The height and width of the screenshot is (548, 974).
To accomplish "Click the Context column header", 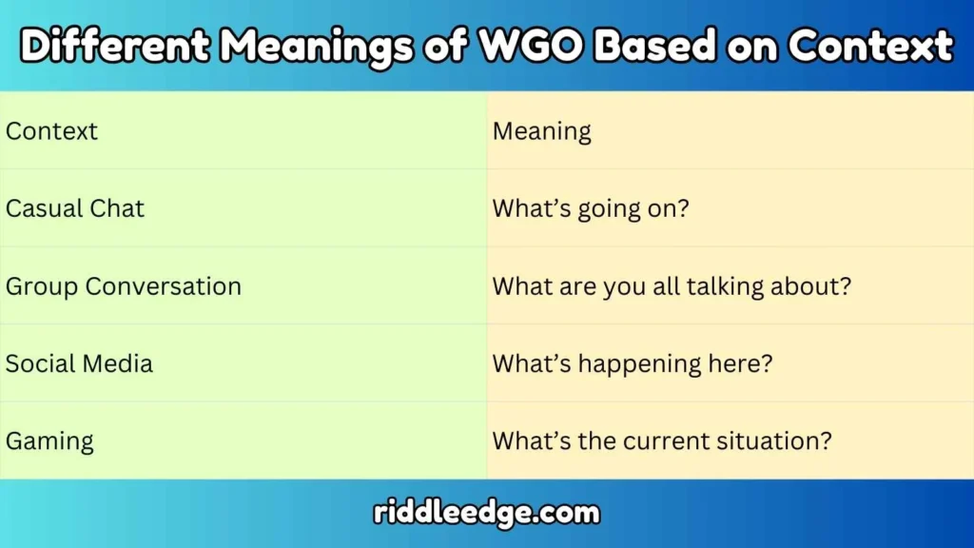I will (52, 130).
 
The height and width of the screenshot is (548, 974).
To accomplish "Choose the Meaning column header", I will (542, 130).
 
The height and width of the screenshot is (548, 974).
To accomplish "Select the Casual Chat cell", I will (75, 208).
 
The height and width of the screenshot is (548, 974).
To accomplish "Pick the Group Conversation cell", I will (124, 285).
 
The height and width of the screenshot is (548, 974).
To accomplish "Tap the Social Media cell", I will (80, 363).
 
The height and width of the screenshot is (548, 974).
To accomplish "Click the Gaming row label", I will (49, 441).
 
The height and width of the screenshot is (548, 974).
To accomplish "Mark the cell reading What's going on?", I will (590, 208).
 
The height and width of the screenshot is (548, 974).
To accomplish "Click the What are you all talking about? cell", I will (672, 285).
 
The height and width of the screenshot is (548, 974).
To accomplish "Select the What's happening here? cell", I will (633, 363).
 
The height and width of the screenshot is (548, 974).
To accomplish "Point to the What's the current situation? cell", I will (662, 441).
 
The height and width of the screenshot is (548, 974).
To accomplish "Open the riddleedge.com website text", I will (487, 514).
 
